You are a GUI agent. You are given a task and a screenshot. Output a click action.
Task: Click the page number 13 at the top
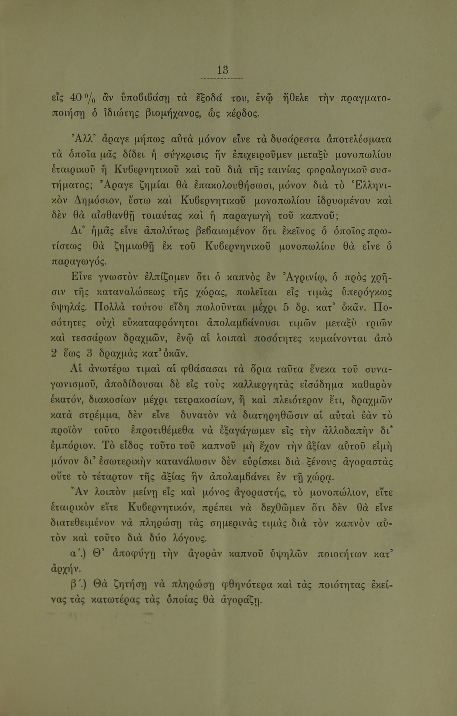pyautogui.click(x=222, y=70)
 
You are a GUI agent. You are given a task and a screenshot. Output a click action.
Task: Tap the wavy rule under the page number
pyautogui.click(x=222, y=79)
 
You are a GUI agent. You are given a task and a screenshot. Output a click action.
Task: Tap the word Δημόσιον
pyautogui.click(x=96, y=203)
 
